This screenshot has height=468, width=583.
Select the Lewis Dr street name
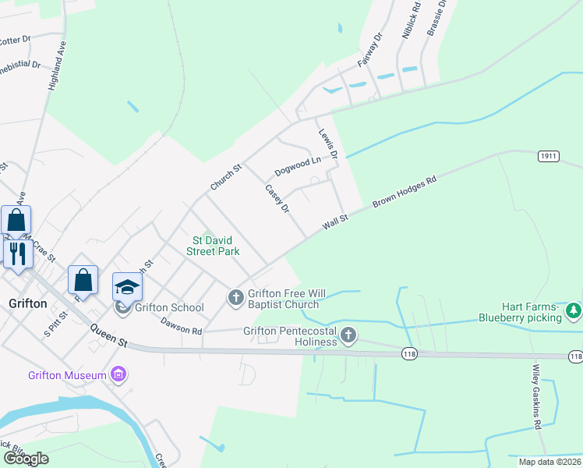click(x=327, y=144)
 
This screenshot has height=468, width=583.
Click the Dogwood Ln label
click(x=298, y=166)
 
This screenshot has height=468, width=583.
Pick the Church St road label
click(x=227, y=177)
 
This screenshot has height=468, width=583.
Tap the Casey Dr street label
click(x=277, y=198)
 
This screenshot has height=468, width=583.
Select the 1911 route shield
click(x=549, y=156)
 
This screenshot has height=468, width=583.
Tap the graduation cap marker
click(x=128, y=287)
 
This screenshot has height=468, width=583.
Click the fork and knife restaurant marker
click(x=16, y=253)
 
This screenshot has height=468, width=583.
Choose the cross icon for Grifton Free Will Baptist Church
click(x=235, y=297)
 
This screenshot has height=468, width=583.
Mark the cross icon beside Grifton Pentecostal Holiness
click(x=348, y=335)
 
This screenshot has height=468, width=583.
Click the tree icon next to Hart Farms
click(x=574, y=311)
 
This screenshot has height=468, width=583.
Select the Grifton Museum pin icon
click(x=118, y=375)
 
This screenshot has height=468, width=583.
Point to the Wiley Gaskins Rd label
click(x=536, y=398)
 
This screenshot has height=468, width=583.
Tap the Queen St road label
click(x=108, y=335)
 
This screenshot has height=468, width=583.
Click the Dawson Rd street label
click(x=181, y=324)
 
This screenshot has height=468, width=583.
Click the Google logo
click(x=25, y=459)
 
